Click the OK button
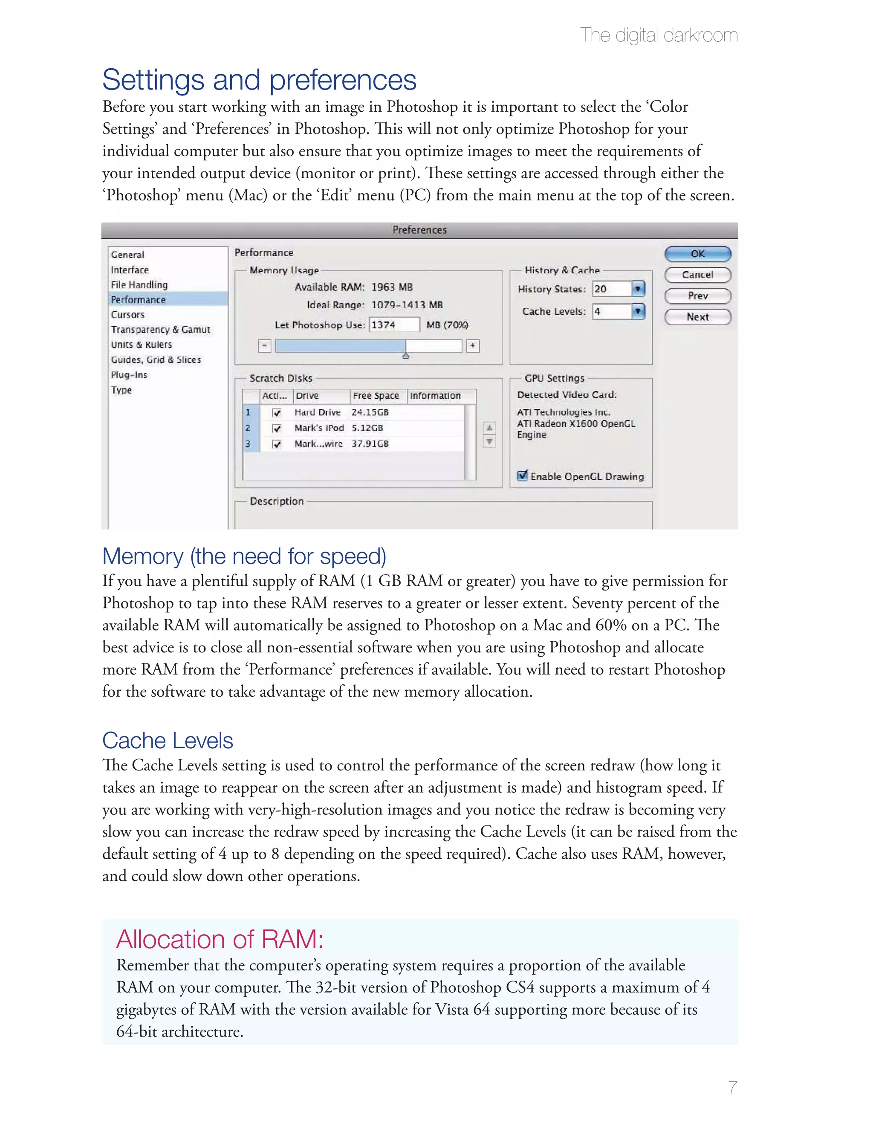tap(697, 254)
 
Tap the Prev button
tap(697, 295)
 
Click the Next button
tap(697, 317)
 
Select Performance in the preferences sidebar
tap(138, 299)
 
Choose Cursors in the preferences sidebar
tap(128, 314)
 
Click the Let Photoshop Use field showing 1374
tap(394, 325)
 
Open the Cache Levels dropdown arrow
tap(638, 311)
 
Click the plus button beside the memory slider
tap(472, 345)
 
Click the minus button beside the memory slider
tap(264, 345)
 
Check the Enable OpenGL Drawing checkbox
tap(523, 475)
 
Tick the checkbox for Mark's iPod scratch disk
tap(277, 428)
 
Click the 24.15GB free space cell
tap(370, 412)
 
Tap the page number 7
tap(732, 1088)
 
